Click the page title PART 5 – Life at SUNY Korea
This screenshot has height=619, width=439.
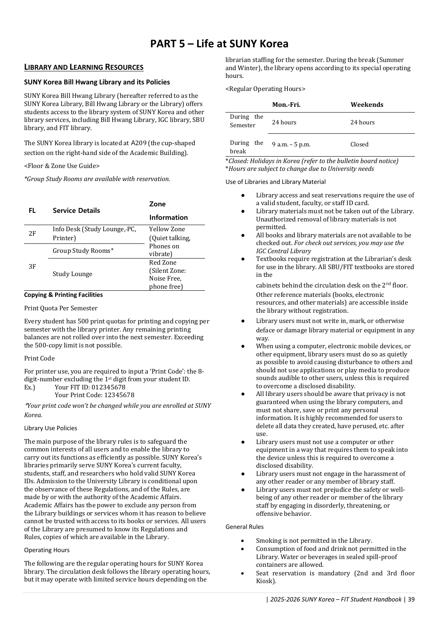point(219,44)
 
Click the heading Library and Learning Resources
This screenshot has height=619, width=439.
point(84,67)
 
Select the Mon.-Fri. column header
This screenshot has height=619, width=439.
point(286,105)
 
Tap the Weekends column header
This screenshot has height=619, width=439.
point(367,105)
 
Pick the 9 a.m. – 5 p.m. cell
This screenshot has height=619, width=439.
point(291,144)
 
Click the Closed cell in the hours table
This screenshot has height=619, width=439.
point(359,144)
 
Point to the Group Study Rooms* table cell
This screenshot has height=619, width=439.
point(83,251)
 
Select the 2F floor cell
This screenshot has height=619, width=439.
point(32,234)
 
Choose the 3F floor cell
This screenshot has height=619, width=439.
point(32,267)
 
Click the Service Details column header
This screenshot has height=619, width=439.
point(76,210)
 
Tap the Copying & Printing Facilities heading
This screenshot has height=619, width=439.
point(63,295)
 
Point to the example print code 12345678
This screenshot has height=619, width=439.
point(119,395)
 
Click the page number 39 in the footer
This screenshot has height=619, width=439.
point(411,599)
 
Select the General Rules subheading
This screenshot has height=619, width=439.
point(245,527)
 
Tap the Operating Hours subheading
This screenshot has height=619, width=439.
point(47,550)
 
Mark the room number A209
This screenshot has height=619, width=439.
point(138,143)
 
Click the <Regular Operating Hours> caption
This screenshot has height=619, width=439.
point(265,89)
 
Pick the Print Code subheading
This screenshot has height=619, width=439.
point(39,358)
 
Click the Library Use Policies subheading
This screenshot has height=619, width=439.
point(51,428)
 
